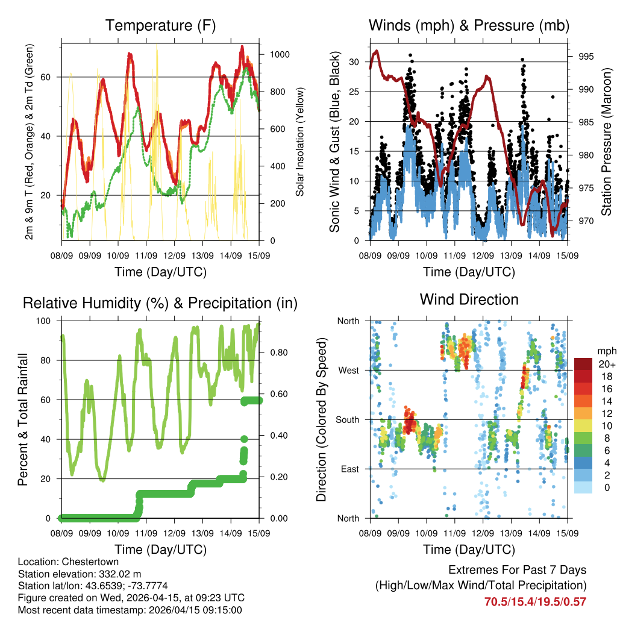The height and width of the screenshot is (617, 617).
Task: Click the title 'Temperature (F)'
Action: [160, 25]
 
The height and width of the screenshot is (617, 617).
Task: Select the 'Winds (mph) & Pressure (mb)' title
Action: [469, 25]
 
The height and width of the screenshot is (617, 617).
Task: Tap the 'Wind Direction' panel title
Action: [469, 299]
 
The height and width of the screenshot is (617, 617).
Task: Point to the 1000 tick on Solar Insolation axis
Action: [280, 54]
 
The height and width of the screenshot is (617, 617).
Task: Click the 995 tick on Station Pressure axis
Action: [586, 57]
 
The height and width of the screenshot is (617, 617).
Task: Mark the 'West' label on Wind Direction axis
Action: [348, 370]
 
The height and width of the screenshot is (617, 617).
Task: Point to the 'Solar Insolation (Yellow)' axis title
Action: [300, 142]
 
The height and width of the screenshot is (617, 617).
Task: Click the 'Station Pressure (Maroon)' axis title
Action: [607, 142]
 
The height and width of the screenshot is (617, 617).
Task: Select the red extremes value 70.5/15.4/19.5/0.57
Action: [535, 601]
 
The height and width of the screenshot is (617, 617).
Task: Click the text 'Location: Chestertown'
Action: [61, 561]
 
